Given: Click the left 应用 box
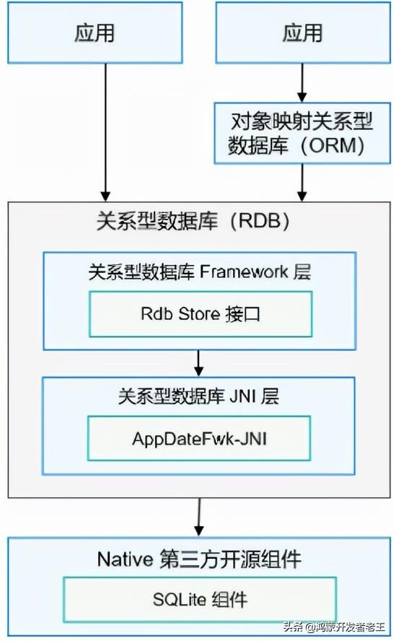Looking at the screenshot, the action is point(95,32).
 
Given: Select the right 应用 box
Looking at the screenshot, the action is point(303,32).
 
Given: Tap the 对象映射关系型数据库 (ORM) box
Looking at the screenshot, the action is point(302,133).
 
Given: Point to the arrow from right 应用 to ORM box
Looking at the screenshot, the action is point(302,82).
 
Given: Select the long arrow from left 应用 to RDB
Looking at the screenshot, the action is point(106,132).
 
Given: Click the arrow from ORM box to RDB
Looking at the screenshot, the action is point(302,183).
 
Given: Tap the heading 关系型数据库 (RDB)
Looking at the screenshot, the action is point(193,221).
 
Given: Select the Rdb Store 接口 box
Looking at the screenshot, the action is point(201,314).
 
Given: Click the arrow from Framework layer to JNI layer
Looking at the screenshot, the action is point(198,363).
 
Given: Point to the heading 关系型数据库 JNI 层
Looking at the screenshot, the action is point(198,396).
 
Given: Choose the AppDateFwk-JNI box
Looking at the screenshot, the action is point(199,439).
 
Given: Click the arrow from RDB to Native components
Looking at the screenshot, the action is point(199,517).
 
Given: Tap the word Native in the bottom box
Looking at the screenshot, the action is point(125,559).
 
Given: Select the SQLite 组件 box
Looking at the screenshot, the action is point(200,600).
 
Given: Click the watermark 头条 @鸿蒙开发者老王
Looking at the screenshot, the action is point(334,627).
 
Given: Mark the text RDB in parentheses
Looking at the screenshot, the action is point(260,221).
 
